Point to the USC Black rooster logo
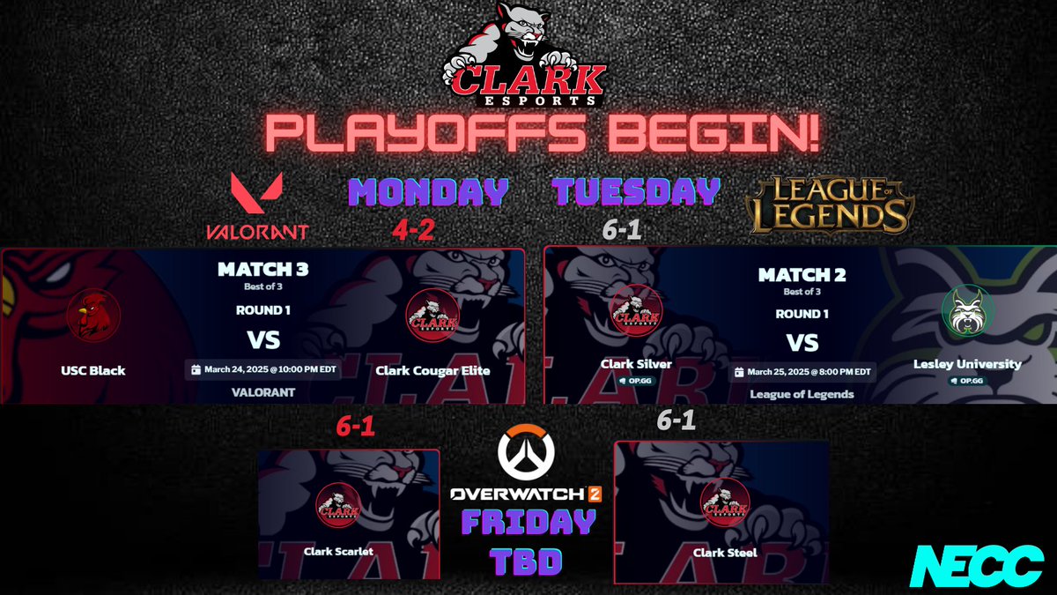click(94, 318)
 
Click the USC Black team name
click(94, 370)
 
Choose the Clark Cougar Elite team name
click(432, 370)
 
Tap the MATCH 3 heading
click(262, 270)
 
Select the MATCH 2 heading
click(802, 275)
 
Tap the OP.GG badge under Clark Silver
click(636, 381)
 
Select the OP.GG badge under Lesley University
click(967, 381)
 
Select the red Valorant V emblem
click(256, 194)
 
